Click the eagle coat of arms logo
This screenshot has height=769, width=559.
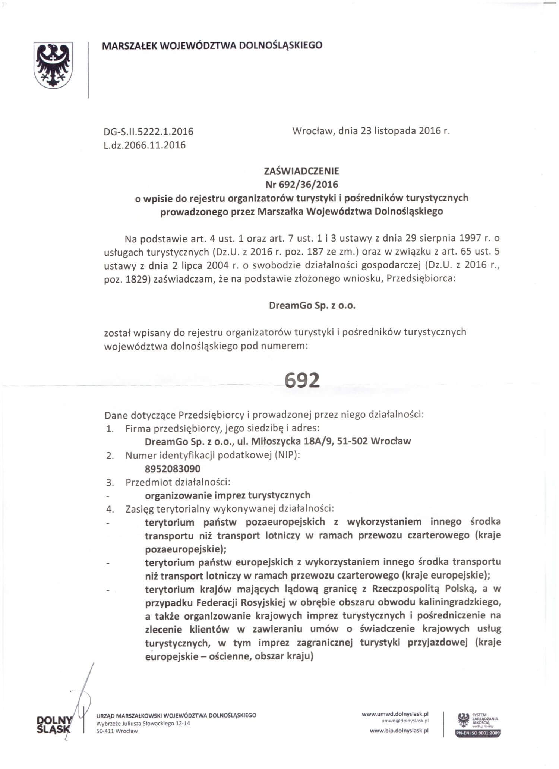(x=53, y=65)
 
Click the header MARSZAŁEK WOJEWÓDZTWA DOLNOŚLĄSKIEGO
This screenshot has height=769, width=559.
(x=212, y=45)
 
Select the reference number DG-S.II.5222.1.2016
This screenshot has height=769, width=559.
(x=148, y=132)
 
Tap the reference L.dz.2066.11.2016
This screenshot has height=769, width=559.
(x=145, y=145)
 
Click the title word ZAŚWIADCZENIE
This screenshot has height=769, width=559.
(x=301, y=171)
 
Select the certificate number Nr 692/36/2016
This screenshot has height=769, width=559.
(x=301, y=185)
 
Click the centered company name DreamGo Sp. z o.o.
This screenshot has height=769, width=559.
(x=312, y=306)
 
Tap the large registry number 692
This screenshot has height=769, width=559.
(x=302, y=380)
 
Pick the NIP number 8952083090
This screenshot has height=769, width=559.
(x=173, y=469)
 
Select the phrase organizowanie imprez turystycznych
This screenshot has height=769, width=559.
(x=227, y=495)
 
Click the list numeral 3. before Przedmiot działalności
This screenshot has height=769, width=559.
(x=110, y=483)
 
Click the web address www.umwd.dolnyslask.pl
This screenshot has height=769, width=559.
(x=395, y=713)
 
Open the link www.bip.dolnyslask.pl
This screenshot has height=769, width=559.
(x=399, y=731)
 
